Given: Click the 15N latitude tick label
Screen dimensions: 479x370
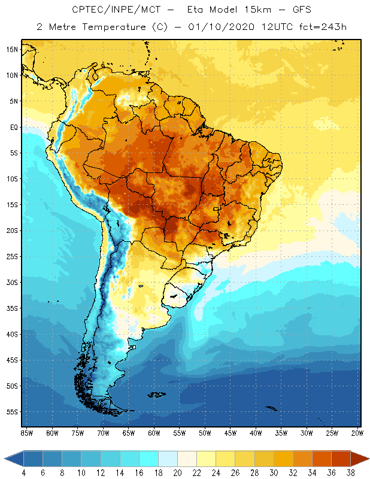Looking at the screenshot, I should (x=11, y=49).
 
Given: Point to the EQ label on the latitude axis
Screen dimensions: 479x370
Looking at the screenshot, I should (x=12, y=127).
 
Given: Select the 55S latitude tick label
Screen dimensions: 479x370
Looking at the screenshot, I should (x=11, y=412).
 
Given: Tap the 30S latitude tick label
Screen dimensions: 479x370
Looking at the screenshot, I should (x=11, y=282).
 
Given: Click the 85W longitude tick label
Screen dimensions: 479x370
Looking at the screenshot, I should (x=26, y=432).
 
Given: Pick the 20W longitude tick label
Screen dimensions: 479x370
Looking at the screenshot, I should (x=356, y=432).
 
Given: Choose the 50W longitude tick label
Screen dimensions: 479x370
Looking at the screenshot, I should (x=205, y=432).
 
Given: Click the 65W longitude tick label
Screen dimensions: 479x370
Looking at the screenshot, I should (x=129, y=432).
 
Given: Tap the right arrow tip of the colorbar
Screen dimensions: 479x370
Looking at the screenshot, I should (x=368, y=459).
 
